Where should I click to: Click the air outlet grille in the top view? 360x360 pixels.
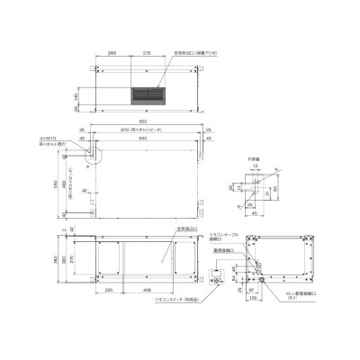pyautogui.click(x=148, y=93)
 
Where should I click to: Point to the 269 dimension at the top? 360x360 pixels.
pyautogui.click(x=110, y=54)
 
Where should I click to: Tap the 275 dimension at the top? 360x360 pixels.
pyautogui.click(x=147, y=54)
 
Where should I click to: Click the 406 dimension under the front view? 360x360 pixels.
pyautogui.click(x=148, y=291)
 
